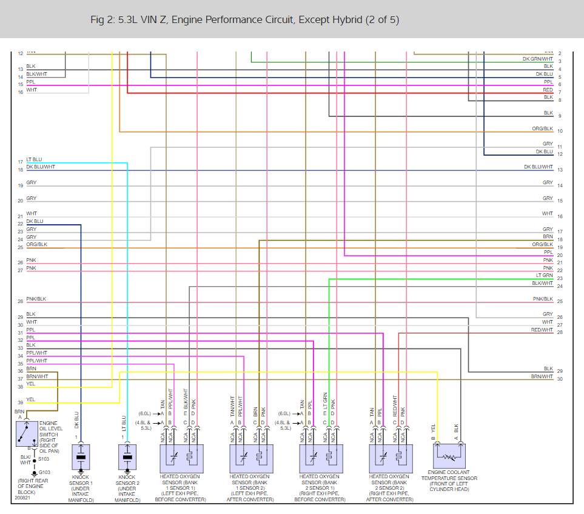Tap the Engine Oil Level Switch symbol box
coord(27,433)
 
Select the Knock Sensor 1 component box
coord(81,456)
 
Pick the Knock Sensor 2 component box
coord(127,456)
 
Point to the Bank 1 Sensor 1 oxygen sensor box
coord(181,458)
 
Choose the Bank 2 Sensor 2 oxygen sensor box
coord(391,458)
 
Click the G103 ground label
coord(45,472)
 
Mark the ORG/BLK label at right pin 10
coord(542,129)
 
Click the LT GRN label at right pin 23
coord(544,276)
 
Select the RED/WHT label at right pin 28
coord(542,330)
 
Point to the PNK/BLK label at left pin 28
coord(36,299)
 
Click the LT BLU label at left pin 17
coord(34,160)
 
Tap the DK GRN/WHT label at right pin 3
coord(538,59)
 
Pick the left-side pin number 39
coord(21,402)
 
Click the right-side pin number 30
coord(560,379)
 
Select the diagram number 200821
coord(22,499)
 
